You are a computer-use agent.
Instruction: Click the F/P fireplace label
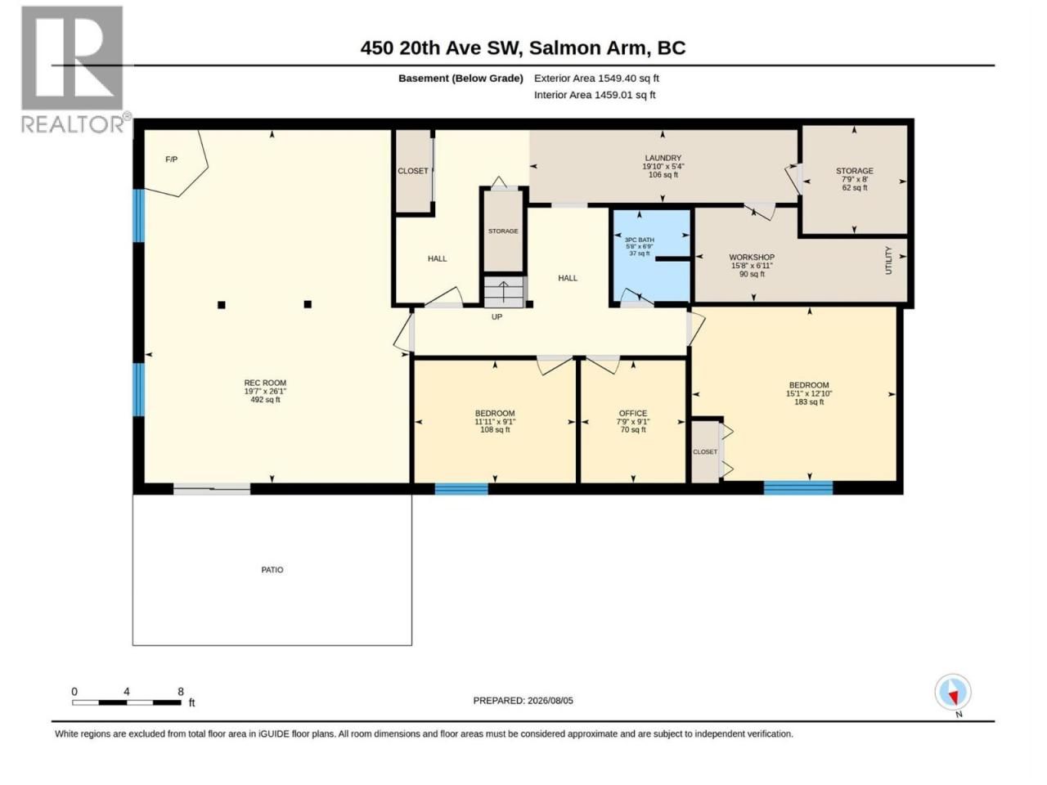171,159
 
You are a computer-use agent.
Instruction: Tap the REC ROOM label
265,383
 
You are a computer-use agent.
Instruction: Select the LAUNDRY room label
663,158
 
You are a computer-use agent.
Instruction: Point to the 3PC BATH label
639,240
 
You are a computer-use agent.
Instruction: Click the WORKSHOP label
752,258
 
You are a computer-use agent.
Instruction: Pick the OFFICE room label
633,413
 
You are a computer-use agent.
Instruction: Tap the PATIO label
272,570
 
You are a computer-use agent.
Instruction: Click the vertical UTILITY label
888,260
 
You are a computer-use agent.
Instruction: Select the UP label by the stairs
497,317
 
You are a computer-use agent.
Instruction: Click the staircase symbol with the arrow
504,292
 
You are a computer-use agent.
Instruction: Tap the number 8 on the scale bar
180,692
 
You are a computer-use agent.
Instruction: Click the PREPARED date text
523,701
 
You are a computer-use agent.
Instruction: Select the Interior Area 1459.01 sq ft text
595,95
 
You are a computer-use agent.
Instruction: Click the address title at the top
523,48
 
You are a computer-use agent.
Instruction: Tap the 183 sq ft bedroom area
809,401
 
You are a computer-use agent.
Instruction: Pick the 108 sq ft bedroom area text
495,430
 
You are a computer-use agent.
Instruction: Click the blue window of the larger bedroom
798,487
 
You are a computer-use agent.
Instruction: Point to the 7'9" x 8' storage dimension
854,179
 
